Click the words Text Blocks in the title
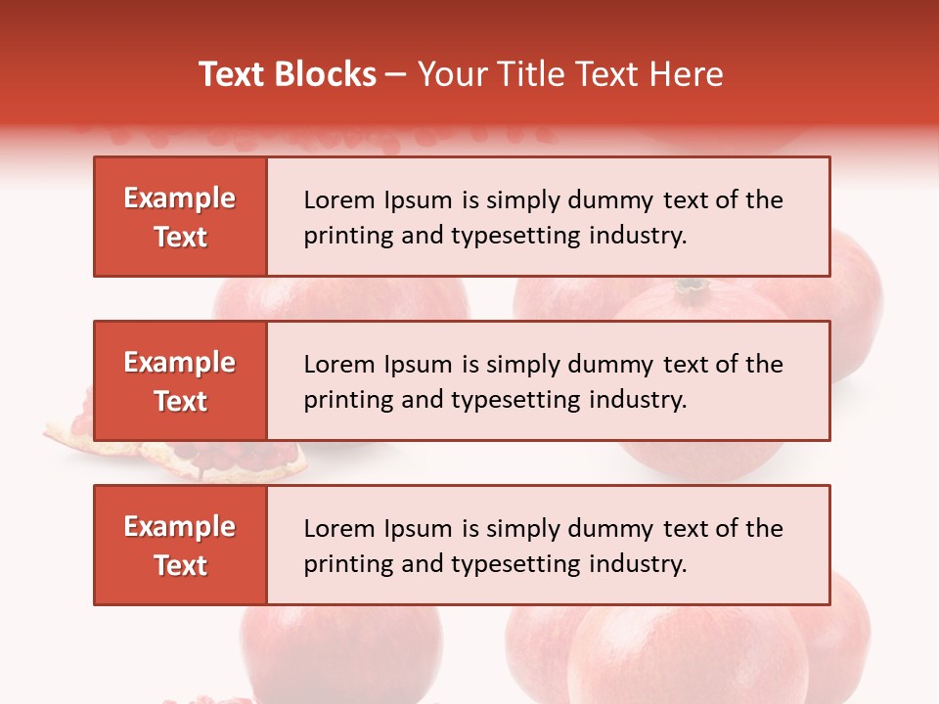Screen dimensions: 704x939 [x=288, y=74]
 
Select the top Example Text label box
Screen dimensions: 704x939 [x=180, y=217]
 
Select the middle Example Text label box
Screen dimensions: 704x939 [x=180, y=381]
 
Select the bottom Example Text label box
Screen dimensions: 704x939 [x=180, y=546]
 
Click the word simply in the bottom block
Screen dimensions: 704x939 [x=524, y=529]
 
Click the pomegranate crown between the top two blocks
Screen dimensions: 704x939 [x=693, y=287]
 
